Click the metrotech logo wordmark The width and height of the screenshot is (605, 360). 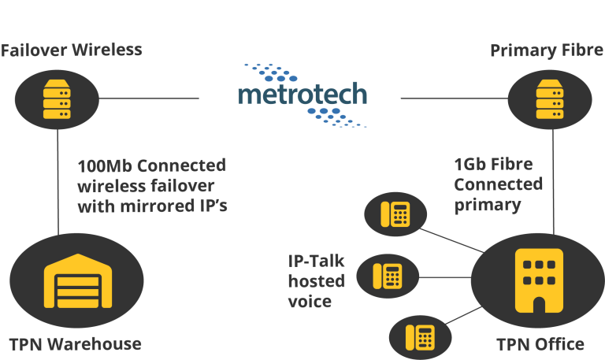pyautogui.click(x=302, y=95)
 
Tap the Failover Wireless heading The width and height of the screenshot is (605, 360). pyautogui.click(x=72, y=50)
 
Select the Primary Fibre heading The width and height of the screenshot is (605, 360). pyautogui.click(x=547, y=50)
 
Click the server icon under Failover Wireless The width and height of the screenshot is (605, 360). pyautogui.click(x=57, y=99)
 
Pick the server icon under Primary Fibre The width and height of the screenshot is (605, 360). pyautogui.click(x=549, y=99)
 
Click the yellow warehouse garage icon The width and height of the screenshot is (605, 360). pyautogui.click(x=78, y=281)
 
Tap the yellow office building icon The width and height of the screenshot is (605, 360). pyautogui.click(x=539, y=280)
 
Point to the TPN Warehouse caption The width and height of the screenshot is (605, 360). pyautogui.click(x=76, y=344)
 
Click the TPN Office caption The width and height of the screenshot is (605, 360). pyautogui.click(x=540, y=344)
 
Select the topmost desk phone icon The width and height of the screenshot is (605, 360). pyautogui.click(x=395, y=214)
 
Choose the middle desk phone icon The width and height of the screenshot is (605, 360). pyautogui.click(x=388, y=276)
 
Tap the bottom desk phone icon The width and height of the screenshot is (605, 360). pyautogui.click(x=420, y=338)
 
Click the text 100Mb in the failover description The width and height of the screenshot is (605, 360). pyautogui.click(x=105, y=166)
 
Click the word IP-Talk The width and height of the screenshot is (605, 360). pyautogui.click(x=316, y=262)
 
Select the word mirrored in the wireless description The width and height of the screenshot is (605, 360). pyautogui.click(x=158, y=206)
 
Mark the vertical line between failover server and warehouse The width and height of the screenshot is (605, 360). pyautogui.click(x=58, y=182)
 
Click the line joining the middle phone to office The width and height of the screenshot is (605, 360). pyautogui.click(x=445, y=277)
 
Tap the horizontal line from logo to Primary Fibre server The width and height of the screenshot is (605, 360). pyautogui.click(x=455, y=98)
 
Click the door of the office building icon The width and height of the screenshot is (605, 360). pyautogui.click(x=539, y=305)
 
